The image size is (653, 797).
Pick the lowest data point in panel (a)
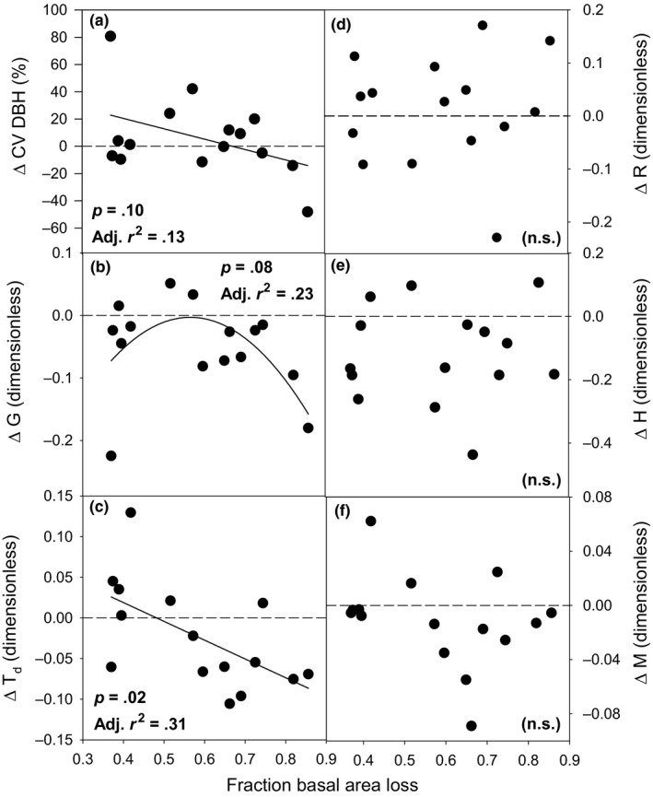point(308,211)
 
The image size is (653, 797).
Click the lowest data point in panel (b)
point(111,455)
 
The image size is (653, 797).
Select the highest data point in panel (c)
point(131,512)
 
